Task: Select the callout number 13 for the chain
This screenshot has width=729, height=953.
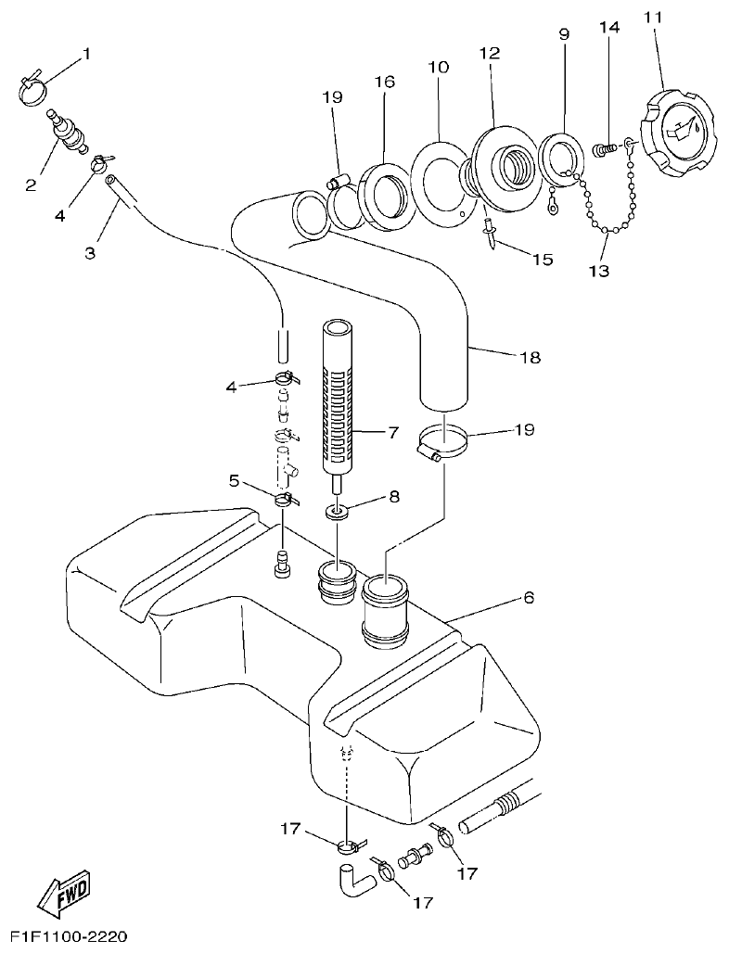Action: coord(599,271)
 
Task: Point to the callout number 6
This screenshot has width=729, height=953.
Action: coord(529,598)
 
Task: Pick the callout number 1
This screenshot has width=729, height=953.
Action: coord(87,54)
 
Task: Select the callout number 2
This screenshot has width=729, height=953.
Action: coord(31,185)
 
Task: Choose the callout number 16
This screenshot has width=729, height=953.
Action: coord(385,83)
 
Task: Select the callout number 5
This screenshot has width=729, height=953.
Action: coord(235,480)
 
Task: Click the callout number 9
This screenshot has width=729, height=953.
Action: coord(564,35)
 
